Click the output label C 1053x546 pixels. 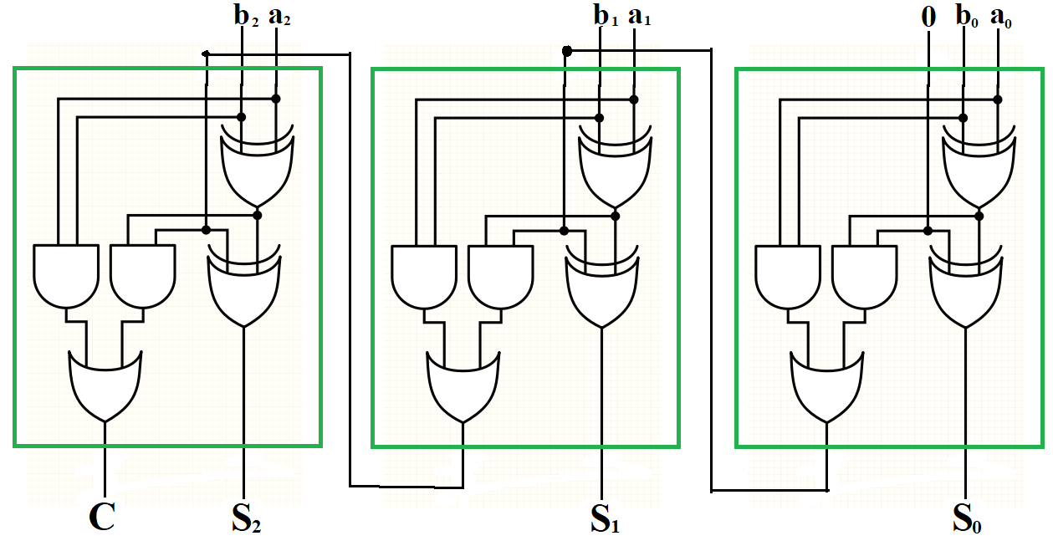click(x=101, y=518)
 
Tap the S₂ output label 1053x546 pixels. click(x=246, y=519)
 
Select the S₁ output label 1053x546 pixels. click(x=606, y=519)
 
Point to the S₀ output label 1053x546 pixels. click(x=969, y=519)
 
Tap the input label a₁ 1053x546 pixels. click(x=637, y=18)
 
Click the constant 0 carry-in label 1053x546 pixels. click(x=928, y=18)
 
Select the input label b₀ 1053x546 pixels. click(x=966, y=18)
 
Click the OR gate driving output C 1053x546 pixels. click(x=105, y=385)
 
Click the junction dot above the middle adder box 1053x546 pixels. click(x=566, y=52)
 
